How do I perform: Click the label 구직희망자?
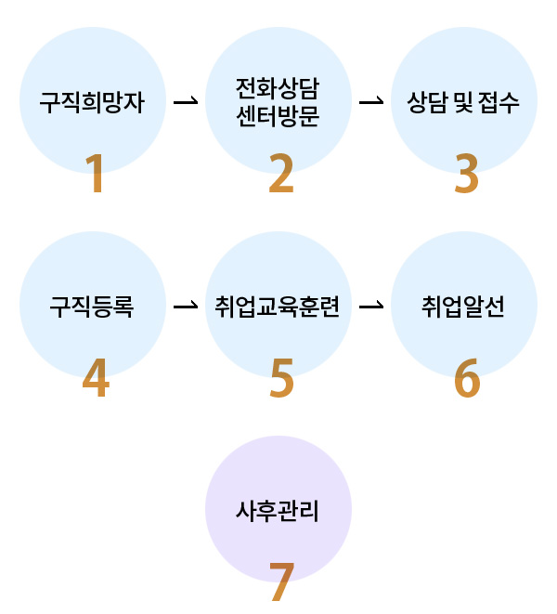click(x=92, y=101)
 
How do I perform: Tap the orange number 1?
click(x=95, y=174)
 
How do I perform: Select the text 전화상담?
click(x=278, y=89)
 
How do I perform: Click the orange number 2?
click(x=280, y=174)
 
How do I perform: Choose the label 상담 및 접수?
click(x=463, y=101)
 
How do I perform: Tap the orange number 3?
click(x=466, y=174)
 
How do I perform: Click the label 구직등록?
click(x=92, y=306)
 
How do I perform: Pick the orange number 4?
click(x=95, y=378)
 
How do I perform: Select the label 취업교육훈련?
click(x=278, y=306)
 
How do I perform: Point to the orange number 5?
click(x=280, y=378)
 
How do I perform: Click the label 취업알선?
click(x=463, y=306)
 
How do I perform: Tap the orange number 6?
click(x=466, y=378)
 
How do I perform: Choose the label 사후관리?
click(x=278, y=510)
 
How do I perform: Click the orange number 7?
click(x=280, y=582)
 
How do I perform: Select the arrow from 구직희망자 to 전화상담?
click(x=186, y=100)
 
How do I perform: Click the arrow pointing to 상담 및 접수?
click(x=371, y=100)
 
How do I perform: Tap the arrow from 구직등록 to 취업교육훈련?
click(x=186, y=305)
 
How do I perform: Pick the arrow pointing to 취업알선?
click(x=371, y=305)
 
